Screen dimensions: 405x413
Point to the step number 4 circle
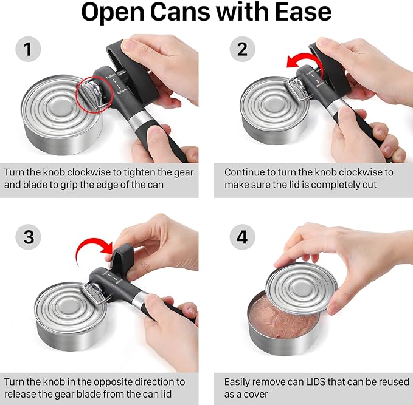pos(242,237)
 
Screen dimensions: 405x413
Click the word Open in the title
pos(113,13)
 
